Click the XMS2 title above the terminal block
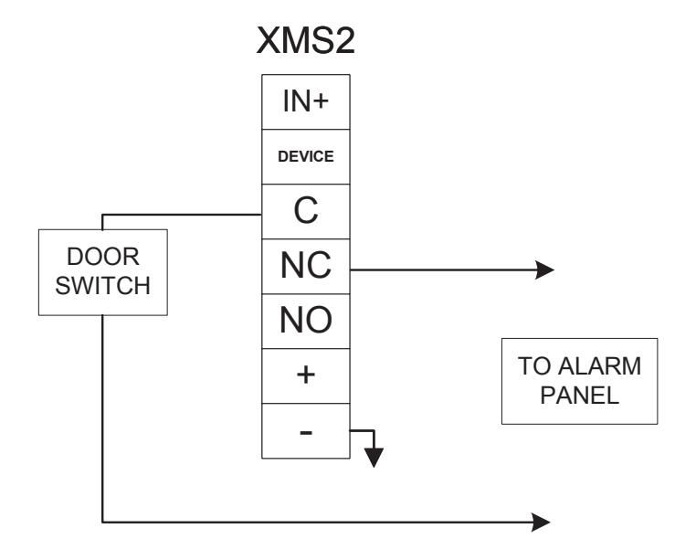[x=305, y=40]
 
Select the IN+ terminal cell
[x=306, y=101]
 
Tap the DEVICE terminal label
[x=306, y=156]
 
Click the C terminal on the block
[x=306, y=211]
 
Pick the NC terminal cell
[x=306, y=266]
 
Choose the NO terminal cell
[x=306, y=321]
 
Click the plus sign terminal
[x=306, y=375]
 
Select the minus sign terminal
[x=306, y=430]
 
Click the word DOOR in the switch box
[x=103, y=257]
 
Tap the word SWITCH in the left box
[x=103, y=286]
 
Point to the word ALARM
[x=599, y=366]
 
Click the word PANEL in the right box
[x=579, y=396]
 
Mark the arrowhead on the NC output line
[x=544, y=269]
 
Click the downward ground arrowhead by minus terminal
[x=374, y=458]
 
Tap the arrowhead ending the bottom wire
[x=541, y=523]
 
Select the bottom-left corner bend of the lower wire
[x=102, y=523]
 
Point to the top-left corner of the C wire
[x=102, y=215]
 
